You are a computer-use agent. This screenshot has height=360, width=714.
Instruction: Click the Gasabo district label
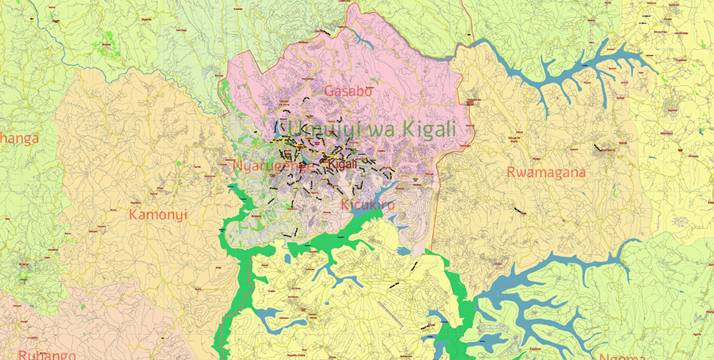348,91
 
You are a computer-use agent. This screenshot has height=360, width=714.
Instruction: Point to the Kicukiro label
368,205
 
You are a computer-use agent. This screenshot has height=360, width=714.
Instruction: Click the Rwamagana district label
546,172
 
